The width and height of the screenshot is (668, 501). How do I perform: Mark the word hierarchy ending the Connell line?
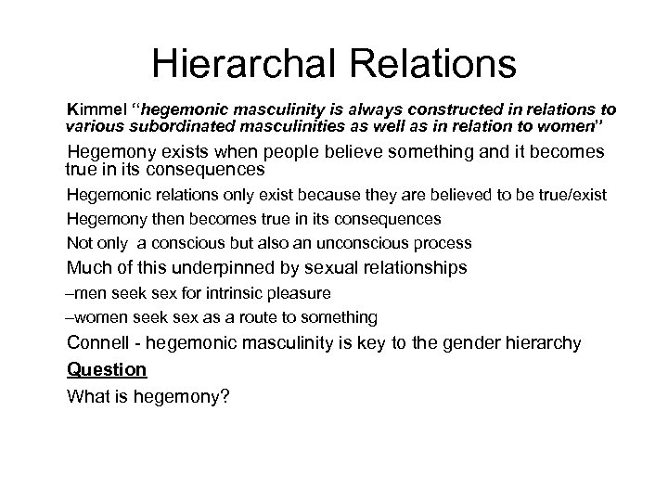[x=542, y=343]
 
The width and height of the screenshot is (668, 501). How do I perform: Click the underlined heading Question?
[x=107, y=369]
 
